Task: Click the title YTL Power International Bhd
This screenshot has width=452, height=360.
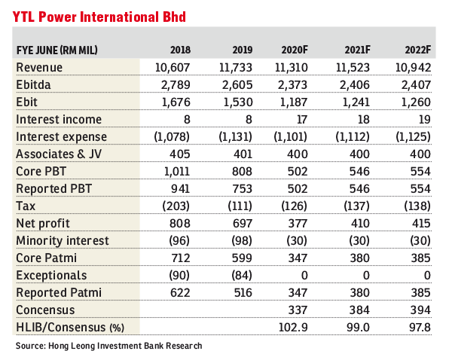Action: click(99, 17)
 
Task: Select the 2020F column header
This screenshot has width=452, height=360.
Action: click(295, 50)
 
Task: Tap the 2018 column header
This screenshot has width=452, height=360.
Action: click(180, 50)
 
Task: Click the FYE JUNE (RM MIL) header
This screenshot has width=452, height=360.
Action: click(56, 50)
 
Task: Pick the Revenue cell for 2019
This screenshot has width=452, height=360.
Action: click(236, 68)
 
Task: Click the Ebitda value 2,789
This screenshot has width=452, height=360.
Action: click(176, 85)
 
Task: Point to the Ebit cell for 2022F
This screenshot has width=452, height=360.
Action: click(416, 102)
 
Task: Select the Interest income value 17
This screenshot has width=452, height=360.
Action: click(302, 120)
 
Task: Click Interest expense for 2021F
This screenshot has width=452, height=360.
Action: click(353, 137)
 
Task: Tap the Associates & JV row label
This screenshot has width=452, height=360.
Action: click(59, 154)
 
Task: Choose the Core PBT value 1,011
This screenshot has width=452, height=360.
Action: click(177, 172)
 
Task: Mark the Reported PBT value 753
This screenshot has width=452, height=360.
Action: click(242, 189)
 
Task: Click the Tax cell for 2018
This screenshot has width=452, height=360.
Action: click(176, 206)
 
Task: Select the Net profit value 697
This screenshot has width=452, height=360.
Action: click(242, 224)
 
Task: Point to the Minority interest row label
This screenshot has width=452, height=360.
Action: click(63, 241)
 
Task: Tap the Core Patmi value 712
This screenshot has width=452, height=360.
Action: click(180, 258)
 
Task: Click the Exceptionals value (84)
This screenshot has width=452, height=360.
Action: click(242, 275)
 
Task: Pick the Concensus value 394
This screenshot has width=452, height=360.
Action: click(420, 310)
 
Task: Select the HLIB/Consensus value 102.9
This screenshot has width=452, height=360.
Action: click(293, 328)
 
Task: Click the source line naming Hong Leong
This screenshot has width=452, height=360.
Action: click(109, 346)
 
